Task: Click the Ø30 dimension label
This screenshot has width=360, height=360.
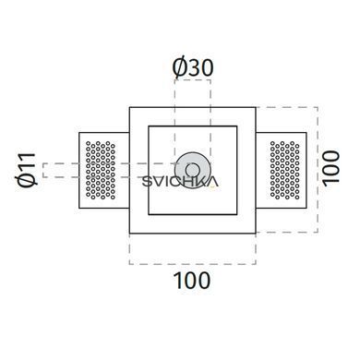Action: coord(193,68)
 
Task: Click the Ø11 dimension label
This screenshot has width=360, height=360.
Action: coord(27,170)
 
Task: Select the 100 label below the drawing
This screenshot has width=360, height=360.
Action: coord(192,281)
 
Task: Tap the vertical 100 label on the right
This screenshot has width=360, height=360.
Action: coord(330,169)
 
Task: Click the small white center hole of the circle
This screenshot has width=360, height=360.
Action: coord(193,170)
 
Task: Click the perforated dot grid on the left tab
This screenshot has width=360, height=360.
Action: coord(101,170)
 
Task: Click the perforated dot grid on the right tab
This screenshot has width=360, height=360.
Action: coord(284,170)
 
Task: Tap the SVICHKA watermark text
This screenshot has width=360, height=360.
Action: coord(180,182)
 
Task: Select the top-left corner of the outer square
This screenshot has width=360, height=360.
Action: coord(129,107)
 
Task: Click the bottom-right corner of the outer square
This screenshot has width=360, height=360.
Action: coord(256,234)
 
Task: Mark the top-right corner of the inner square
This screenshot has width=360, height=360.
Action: coord(237,126)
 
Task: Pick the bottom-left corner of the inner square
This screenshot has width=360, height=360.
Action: coord(149,214)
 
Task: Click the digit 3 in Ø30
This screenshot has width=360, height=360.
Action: coord(193,68)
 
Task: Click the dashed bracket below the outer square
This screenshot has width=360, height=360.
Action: coord(193,264)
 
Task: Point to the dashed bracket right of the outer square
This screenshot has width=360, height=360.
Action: coord(318,170)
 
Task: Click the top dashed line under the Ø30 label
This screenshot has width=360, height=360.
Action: coord(193,80)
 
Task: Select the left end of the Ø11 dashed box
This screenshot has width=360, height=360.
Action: coord(43,170)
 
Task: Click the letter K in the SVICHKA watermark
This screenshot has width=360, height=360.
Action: coord(203,182)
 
